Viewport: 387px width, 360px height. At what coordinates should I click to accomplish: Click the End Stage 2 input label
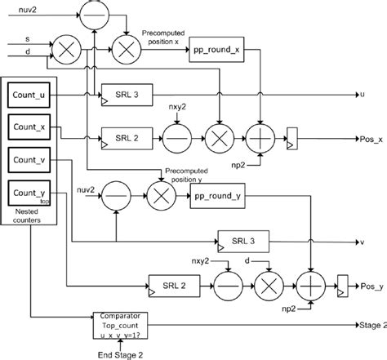coord(122,353)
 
